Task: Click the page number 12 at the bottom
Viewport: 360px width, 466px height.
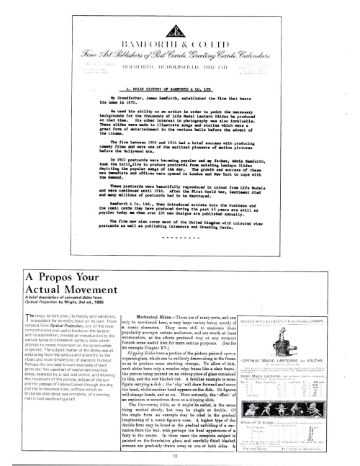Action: tap(179, 454)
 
